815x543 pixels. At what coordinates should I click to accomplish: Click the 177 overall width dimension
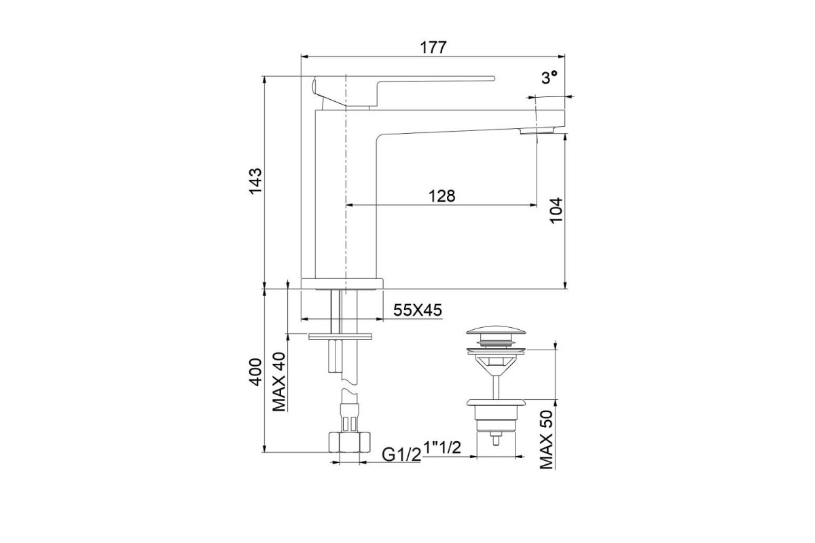click(433, 48)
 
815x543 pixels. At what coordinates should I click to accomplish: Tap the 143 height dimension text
click(255, 181)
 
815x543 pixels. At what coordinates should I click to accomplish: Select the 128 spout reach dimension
click(441, 196)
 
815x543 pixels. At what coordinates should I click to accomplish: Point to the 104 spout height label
click(556, 210)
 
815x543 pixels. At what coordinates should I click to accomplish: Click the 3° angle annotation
click(549, 77)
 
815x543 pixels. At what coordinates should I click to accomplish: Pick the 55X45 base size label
click(418, 310)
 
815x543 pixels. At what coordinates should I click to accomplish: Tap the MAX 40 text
click(279, 382)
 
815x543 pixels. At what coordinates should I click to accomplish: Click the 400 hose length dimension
click(255, 372)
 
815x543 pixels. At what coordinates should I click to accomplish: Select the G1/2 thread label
click(401, 454)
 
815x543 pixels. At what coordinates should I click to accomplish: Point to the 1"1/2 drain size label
click(442, 447)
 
